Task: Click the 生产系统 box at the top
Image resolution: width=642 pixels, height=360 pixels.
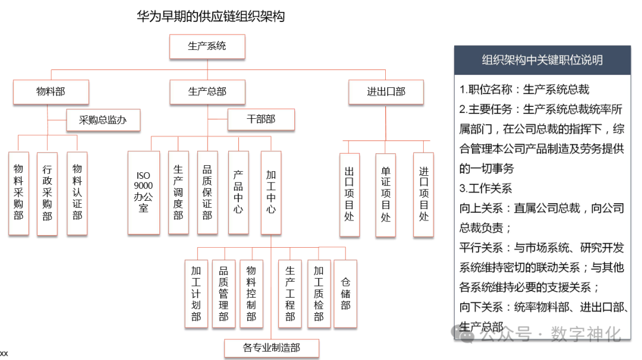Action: coord(207,46)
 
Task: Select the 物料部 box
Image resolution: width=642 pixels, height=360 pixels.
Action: coord(51,92)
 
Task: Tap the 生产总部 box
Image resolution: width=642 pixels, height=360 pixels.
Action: coord(207,92)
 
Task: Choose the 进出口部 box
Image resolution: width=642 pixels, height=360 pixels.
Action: coord(386,92)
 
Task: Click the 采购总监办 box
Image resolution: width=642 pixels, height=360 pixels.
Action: coord(103,120)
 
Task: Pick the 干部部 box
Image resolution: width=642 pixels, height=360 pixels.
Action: coord(261,119)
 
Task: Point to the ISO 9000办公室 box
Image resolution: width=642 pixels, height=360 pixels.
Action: coord(143,192)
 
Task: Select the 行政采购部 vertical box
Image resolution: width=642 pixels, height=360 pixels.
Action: coord(47,193)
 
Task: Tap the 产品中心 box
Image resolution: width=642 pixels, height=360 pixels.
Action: coord(238,192)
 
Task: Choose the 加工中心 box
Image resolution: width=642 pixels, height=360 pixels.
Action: coord(270,192)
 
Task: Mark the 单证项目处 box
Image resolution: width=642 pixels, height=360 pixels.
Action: coord(386,195)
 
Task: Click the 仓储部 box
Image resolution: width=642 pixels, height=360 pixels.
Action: coord(345,293)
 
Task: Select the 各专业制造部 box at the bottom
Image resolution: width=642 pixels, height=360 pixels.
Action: coord(271,348)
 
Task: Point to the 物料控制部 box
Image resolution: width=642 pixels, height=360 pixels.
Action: coord(251,293)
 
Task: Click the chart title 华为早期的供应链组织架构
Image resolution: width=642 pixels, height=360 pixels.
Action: coord(210,16)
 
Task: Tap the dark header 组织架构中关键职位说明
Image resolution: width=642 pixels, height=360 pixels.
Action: coord(542,60)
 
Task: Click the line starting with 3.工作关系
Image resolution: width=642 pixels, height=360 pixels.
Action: coord(486,188)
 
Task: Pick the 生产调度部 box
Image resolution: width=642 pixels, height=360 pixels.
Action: coord(178,192)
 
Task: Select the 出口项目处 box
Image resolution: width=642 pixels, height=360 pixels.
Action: coord(349,195)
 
